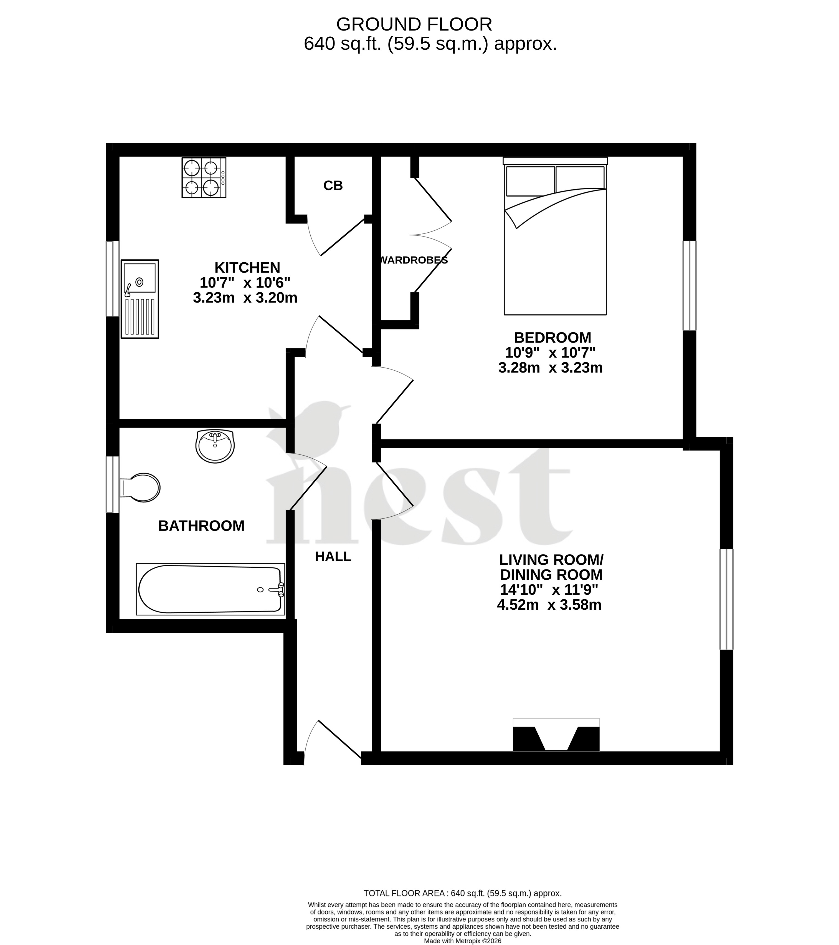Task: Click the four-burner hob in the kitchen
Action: pos(204,177)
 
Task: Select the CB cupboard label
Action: pos(333,185)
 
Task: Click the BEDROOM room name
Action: pos(552,338)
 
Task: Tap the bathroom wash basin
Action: pos(215,446)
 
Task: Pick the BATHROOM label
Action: pos(201,526)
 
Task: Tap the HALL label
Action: pos(333,557)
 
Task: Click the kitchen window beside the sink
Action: pos(113,279)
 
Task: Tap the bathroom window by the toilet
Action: pos(113,484)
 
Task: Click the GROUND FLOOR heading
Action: pos(414,24)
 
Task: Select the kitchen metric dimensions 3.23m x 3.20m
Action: pos(245,298)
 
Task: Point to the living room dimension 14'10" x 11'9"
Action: pos(549,590)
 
